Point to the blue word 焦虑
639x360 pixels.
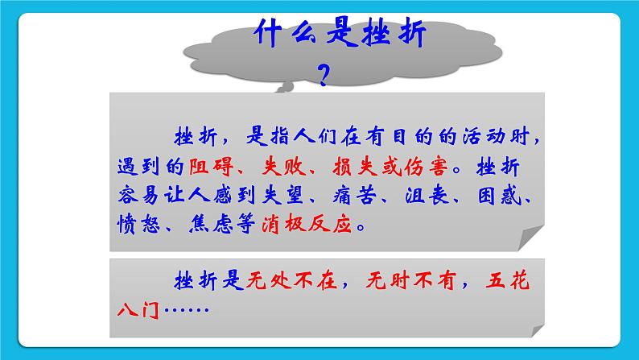point(208,225)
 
